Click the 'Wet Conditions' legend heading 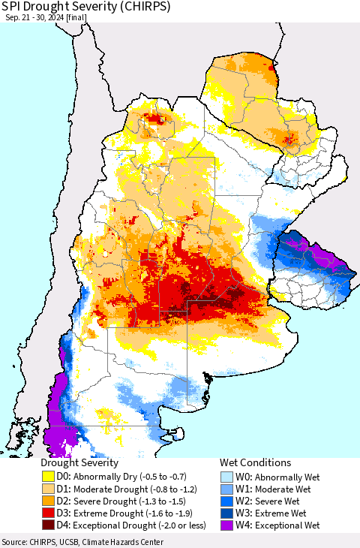pyautogui.click(x=255, y=463)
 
